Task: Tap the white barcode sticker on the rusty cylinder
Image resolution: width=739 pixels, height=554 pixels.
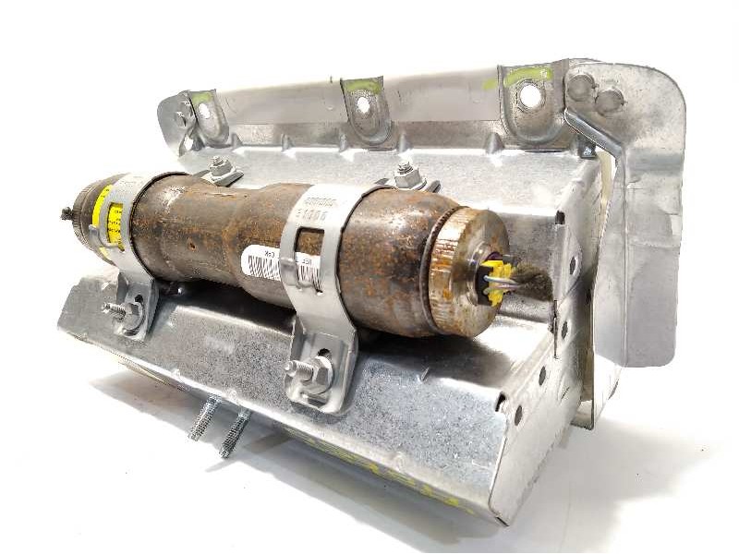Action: [x=263, y=264]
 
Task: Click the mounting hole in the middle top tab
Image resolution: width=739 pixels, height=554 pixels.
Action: [x=364, y=105]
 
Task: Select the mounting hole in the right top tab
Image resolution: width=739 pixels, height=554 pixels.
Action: [x=529, y=94]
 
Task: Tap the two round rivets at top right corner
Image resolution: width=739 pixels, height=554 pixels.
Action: [x=594, y=92]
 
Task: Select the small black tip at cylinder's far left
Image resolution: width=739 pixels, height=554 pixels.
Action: [x=67, y=214]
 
